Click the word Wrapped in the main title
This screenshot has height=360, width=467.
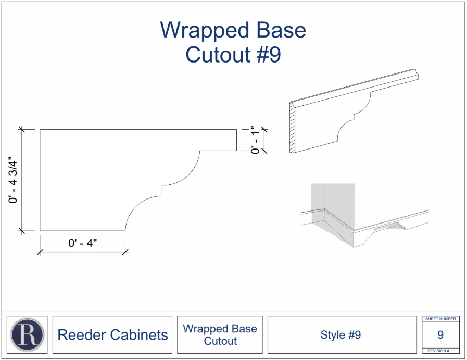pos(205,30)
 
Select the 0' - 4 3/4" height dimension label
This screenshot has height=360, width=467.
pos(13,180)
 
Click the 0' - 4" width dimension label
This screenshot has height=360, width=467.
pos(82,243)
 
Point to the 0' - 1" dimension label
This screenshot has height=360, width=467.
pos(255,140)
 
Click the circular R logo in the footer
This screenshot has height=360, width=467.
pos(27,334)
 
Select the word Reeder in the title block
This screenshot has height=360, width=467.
pos(81,334)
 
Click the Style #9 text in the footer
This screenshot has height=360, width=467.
pos(340,334)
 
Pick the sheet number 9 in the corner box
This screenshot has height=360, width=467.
pos(440,334)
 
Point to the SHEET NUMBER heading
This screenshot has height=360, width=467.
pos(440,319)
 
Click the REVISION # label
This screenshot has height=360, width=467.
pos(438,351)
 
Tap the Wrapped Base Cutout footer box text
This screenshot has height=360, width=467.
pos(220,334)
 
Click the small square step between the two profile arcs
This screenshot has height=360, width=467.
pos(162,191)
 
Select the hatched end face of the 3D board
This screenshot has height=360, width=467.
pos(292,128)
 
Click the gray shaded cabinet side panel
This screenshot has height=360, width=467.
pos(318,203)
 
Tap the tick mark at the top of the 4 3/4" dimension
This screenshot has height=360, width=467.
pos(21,129)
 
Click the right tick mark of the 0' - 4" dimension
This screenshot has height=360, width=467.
pos(125,252)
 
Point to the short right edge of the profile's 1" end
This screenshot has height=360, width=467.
pos(237,140)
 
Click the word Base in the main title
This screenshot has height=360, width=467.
pos(281,30)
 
